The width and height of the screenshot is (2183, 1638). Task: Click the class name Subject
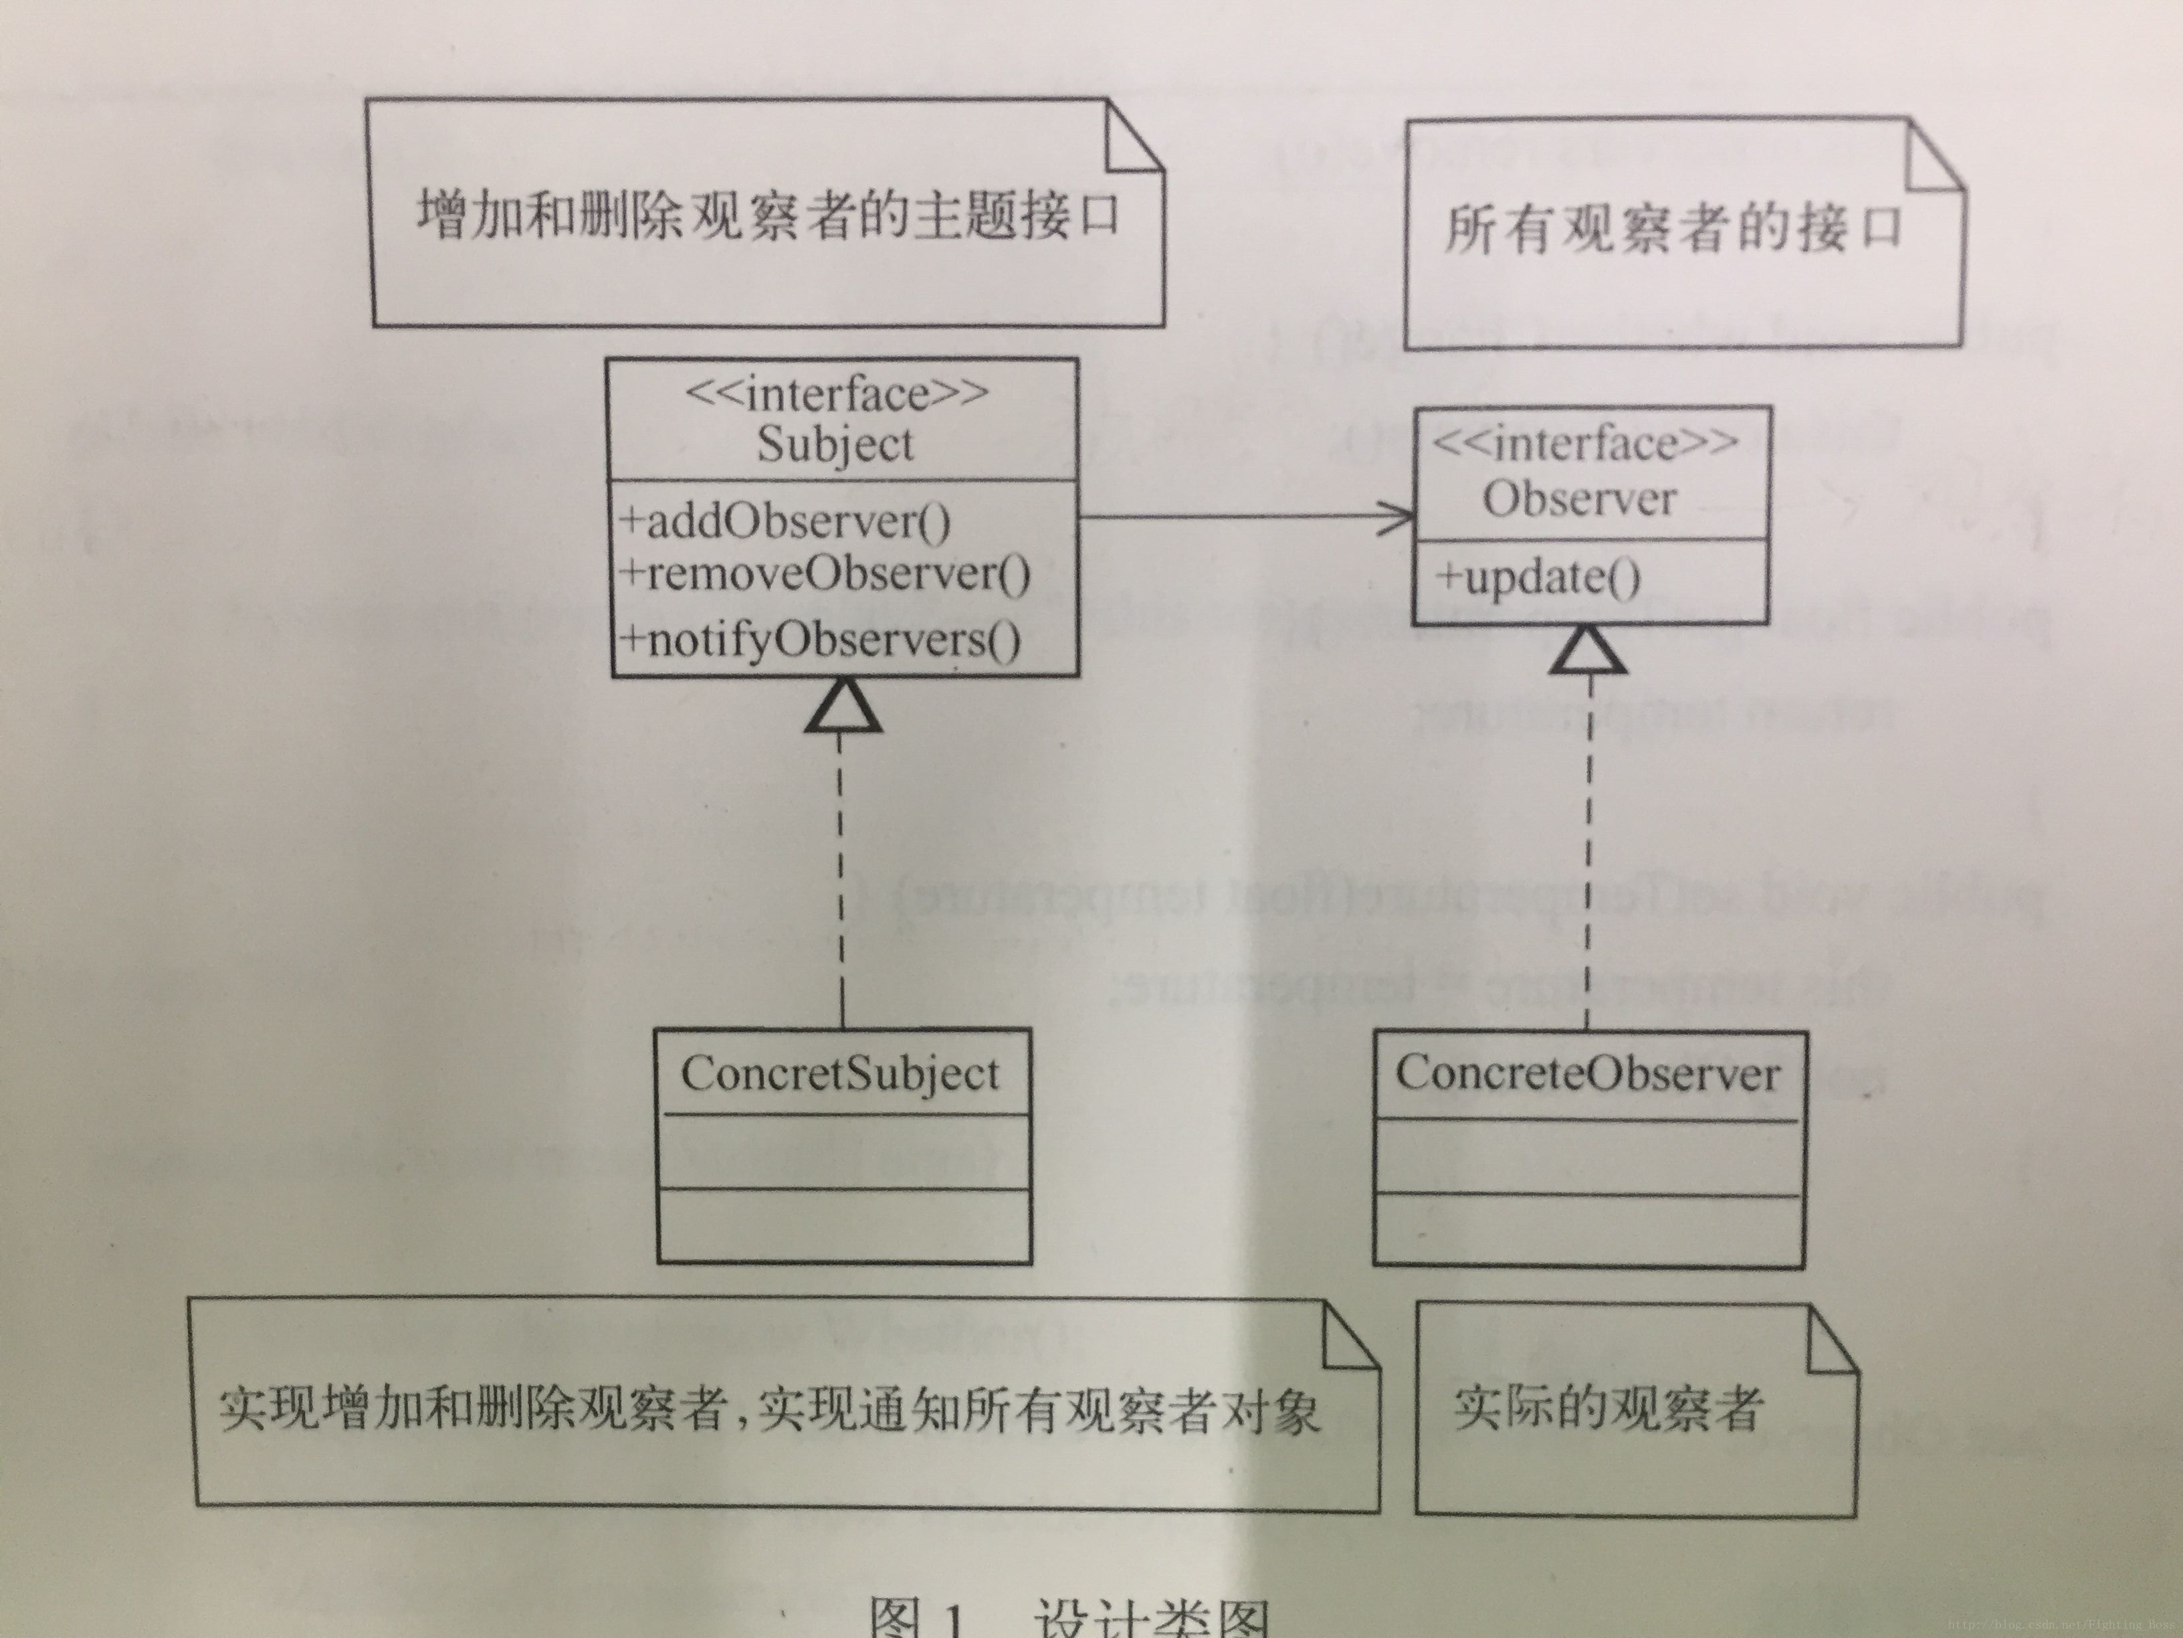point(835,444)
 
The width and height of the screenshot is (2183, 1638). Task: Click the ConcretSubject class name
point(840,1074)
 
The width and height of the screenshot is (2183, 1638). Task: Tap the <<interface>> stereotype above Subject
point(837,394)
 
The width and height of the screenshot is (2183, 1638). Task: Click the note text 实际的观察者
point(1608,1409)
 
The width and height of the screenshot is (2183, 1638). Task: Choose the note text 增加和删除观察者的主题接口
point(768,214)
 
